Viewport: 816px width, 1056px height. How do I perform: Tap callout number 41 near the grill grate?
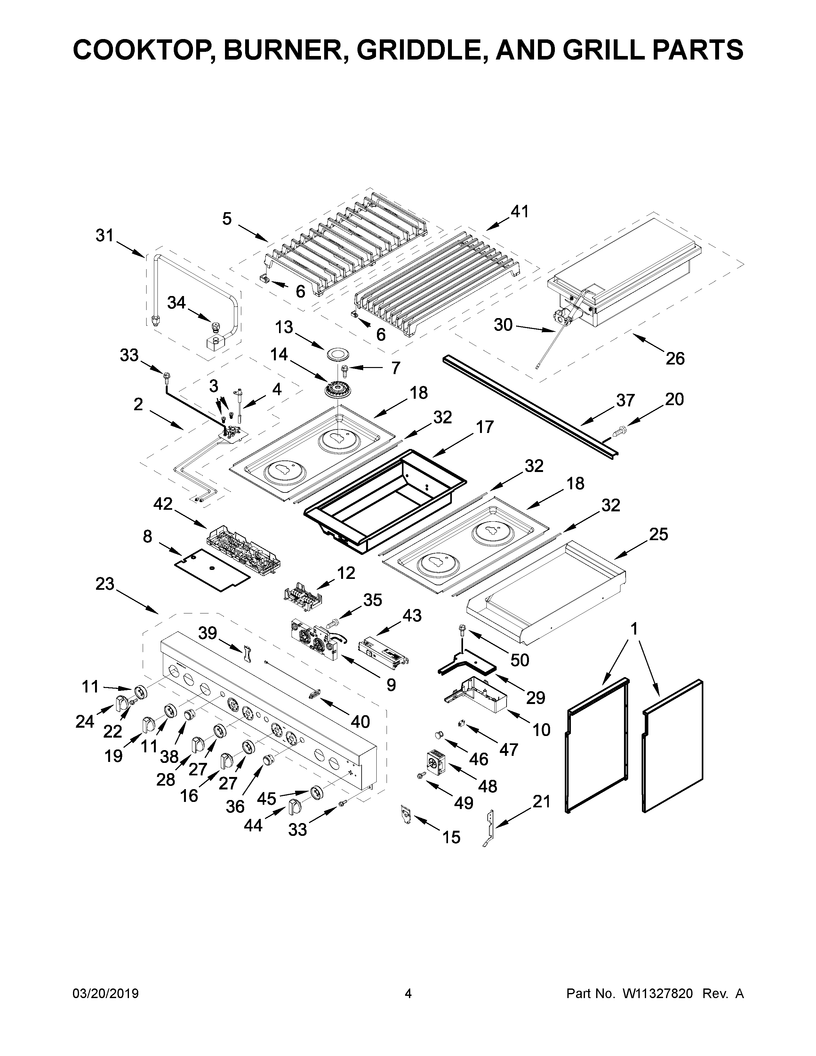(520, 211)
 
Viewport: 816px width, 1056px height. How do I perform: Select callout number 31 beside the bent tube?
(104, 236)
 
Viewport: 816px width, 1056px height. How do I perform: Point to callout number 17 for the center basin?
(485, 427)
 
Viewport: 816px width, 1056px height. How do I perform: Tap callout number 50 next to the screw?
(520, 660)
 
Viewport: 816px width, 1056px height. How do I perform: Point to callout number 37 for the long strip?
(625, 400)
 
